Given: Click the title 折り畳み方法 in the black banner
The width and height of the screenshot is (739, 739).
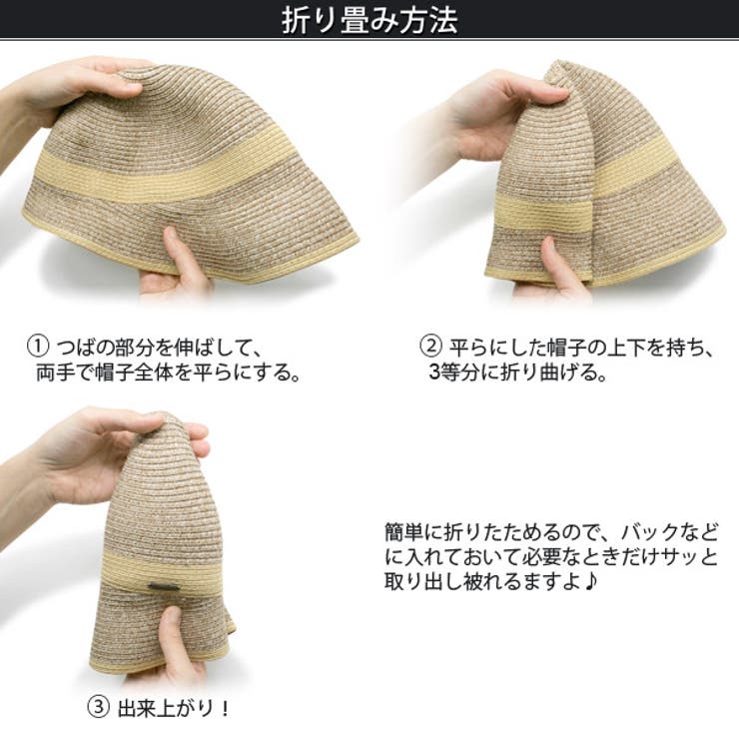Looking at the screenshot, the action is pos(369,19).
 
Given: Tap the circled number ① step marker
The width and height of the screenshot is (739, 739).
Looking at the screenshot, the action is pos(38,347).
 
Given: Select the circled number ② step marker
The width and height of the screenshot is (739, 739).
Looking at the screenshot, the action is pos(430,347).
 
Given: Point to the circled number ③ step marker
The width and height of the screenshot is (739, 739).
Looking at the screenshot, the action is pos(98,707).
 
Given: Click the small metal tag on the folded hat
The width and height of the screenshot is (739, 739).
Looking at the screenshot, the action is pos(163,587).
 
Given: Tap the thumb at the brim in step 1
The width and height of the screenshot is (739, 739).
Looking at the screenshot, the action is pos(182,257).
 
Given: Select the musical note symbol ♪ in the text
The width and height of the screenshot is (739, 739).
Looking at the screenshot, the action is pos(590,581).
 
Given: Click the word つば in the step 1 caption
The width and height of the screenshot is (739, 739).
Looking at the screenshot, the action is pos(76,347).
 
